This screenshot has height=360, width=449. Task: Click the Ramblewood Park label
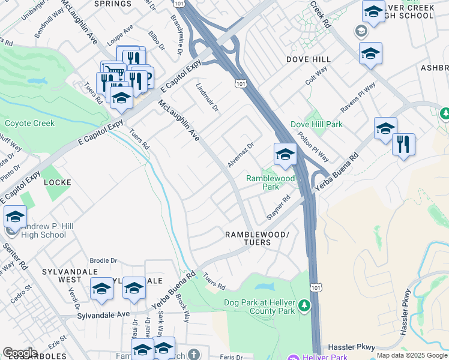271,182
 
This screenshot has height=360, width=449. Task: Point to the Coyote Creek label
29,124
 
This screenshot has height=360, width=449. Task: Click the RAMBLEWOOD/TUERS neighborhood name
256,238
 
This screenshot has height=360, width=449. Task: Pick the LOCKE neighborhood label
58,182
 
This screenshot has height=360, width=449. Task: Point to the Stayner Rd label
279,207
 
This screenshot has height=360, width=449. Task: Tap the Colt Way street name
316,75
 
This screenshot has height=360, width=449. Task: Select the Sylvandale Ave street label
103,314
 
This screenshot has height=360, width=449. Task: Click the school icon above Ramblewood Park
285,155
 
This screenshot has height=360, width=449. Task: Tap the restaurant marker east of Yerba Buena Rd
403,145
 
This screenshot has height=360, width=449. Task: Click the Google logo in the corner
20,352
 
